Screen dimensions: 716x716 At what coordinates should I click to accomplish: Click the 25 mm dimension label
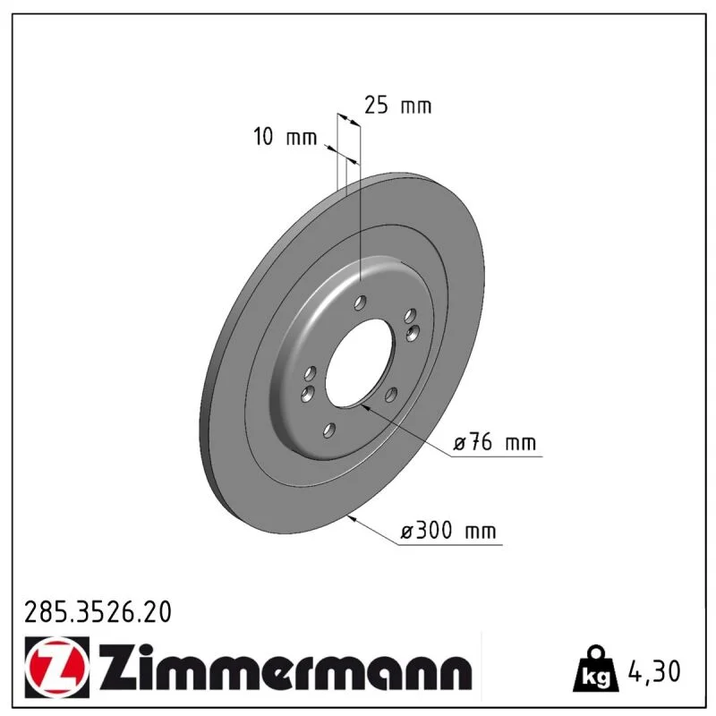[397, 106]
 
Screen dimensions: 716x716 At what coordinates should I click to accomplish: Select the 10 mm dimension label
[285, 137]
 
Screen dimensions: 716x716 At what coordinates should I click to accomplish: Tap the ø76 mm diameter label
[495, 442]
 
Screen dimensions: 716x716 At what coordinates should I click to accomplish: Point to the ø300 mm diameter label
[448, 531]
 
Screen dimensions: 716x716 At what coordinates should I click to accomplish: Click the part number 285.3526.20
[98, 612]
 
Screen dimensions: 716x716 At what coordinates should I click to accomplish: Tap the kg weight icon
[596, 669]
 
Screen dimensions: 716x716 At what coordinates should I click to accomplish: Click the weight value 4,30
[654, 671]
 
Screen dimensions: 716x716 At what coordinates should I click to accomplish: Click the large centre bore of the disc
[359, 362]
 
